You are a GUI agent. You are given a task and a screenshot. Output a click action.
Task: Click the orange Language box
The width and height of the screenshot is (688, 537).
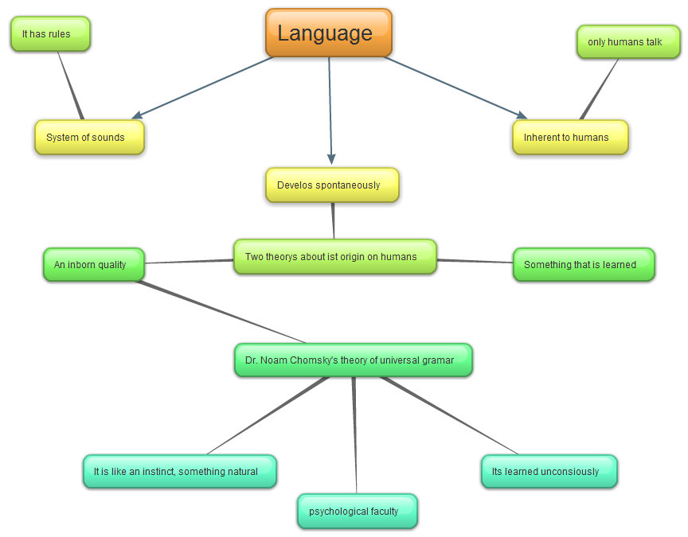328,33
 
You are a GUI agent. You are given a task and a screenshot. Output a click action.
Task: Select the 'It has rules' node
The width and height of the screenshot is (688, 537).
50,34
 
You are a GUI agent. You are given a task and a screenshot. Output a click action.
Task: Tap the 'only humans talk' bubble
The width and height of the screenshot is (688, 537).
628,41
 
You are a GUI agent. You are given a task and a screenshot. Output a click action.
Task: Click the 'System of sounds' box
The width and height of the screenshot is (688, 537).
89,138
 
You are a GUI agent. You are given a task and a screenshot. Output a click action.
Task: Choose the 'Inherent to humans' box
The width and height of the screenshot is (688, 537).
570,138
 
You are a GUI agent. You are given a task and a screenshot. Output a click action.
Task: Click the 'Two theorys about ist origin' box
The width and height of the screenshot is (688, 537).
335,257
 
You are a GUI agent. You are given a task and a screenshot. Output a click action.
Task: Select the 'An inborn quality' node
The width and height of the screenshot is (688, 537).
93,264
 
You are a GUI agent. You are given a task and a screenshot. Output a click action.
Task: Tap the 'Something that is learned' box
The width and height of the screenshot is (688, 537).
584,265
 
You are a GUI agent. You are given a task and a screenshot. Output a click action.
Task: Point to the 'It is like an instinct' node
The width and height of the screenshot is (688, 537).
179,472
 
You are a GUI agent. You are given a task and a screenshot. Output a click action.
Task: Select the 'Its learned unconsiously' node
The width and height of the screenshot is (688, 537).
549,472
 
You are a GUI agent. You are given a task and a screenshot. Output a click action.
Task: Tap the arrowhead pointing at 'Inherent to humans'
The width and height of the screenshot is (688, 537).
520,115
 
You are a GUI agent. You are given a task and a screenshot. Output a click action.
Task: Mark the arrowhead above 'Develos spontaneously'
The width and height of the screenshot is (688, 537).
331,158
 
